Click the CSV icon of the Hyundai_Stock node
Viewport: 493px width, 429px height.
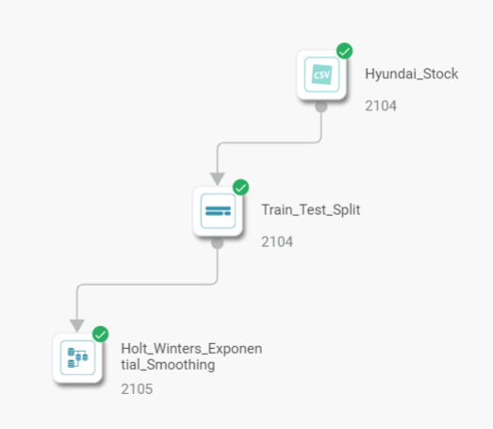coord(321,74)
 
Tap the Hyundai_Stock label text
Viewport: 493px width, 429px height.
coord(411,74)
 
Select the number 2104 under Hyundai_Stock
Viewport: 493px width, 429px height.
coord(381,106)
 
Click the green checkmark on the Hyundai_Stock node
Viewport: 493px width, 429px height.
coord(345,51)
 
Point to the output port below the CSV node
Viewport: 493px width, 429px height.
coord(321,107)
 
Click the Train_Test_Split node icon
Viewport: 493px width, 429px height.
coord(218,211)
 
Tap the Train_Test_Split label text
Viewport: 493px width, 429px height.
coord(311,209)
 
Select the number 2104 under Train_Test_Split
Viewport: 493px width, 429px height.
coord(277,242)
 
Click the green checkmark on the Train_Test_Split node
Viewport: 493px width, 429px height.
coord(240,188)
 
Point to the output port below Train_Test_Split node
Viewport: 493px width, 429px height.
coord(218,243)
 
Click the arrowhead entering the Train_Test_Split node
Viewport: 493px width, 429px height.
coord(218,178)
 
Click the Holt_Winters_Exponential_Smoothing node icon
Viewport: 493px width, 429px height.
coord(77,358)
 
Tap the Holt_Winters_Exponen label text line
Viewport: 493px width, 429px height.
coord(191,349)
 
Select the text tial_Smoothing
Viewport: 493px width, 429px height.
coord(168,365)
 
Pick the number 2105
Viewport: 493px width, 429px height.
coord(137,389)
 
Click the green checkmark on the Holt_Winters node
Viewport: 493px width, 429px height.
coord(101,334)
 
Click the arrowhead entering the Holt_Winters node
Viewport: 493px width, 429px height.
coord(77,325)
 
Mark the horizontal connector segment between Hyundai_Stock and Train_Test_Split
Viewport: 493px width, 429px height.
coord(270,142)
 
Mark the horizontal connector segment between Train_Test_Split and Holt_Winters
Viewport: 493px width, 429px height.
coord(147,285)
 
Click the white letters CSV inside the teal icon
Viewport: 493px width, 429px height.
coord(322,74)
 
